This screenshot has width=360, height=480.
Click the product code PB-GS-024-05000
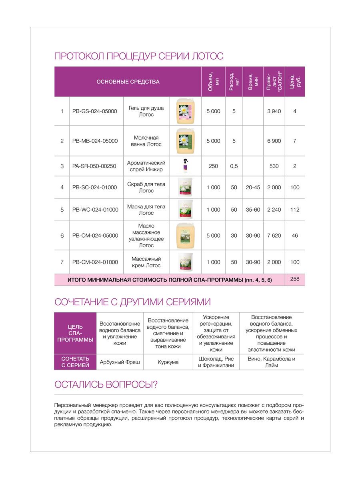point(95,111)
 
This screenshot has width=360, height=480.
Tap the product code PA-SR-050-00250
point(94,166)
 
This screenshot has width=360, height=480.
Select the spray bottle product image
point(185,166)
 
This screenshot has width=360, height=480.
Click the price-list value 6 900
point(274,141)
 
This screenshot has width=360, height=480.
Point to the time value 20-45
point(253,187)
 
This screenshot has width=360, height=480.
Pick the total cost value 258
point(295,279)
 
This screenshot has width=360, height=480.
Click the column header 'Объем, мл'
point(213,82)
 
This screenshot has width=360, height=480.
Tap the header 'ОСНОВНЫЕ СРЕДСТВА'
point(128,82)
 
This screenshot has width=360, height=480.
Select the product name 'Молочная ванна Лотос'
point(146,141)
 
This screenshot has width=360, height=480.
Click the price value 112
point(295,210)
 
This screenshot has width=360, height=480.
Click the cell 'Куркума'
point(168,362)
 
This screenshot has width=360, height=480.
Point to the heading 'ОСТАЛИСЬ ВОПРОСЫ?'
point(106,384)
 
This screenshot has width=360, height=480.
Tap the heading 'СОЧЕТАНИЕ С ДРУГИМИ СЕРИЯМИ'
point(132,302)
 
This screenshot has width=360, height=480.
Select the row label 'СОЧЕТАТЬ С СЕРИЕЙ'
point(75,362)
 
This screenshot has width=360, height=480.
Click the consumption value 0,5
point(234,166)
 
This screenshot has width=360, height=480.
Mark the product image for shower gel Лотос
point(185,111)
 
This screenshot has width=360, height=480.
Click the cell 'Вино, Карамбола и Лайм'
point(271,362)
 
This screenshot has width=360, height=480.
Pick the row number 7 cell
point(62,262)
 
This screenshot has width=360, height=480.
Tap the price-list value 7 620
point(274,236)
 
